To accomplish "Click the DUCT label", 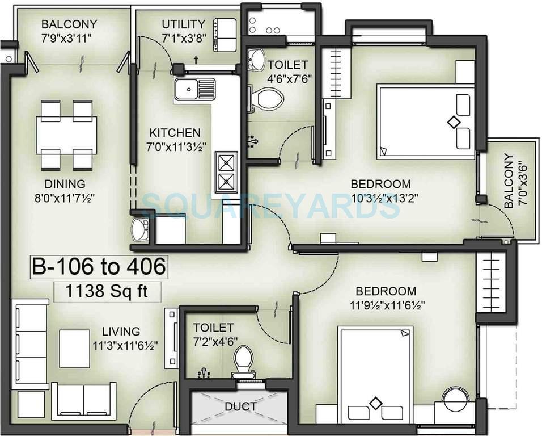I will point(240,406).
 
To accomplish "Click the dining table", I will point(66,135).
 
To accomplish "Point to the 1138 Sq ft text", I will point(107,292).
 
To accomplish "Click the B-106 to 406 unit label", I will point(99,266).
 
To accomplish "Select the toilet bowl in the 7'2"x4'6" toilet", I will point(243,359).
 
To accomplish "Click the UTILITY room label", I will point(183,24).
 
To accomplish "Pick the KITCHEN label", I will point(175,133).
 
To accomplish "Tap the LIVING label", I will point(121,332).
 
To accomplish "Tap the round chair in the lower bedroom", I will point(455,400).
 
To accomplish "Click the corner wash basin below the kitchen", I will point(139,230).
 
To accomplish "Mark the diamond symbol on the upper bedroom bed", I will point(453,121).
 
